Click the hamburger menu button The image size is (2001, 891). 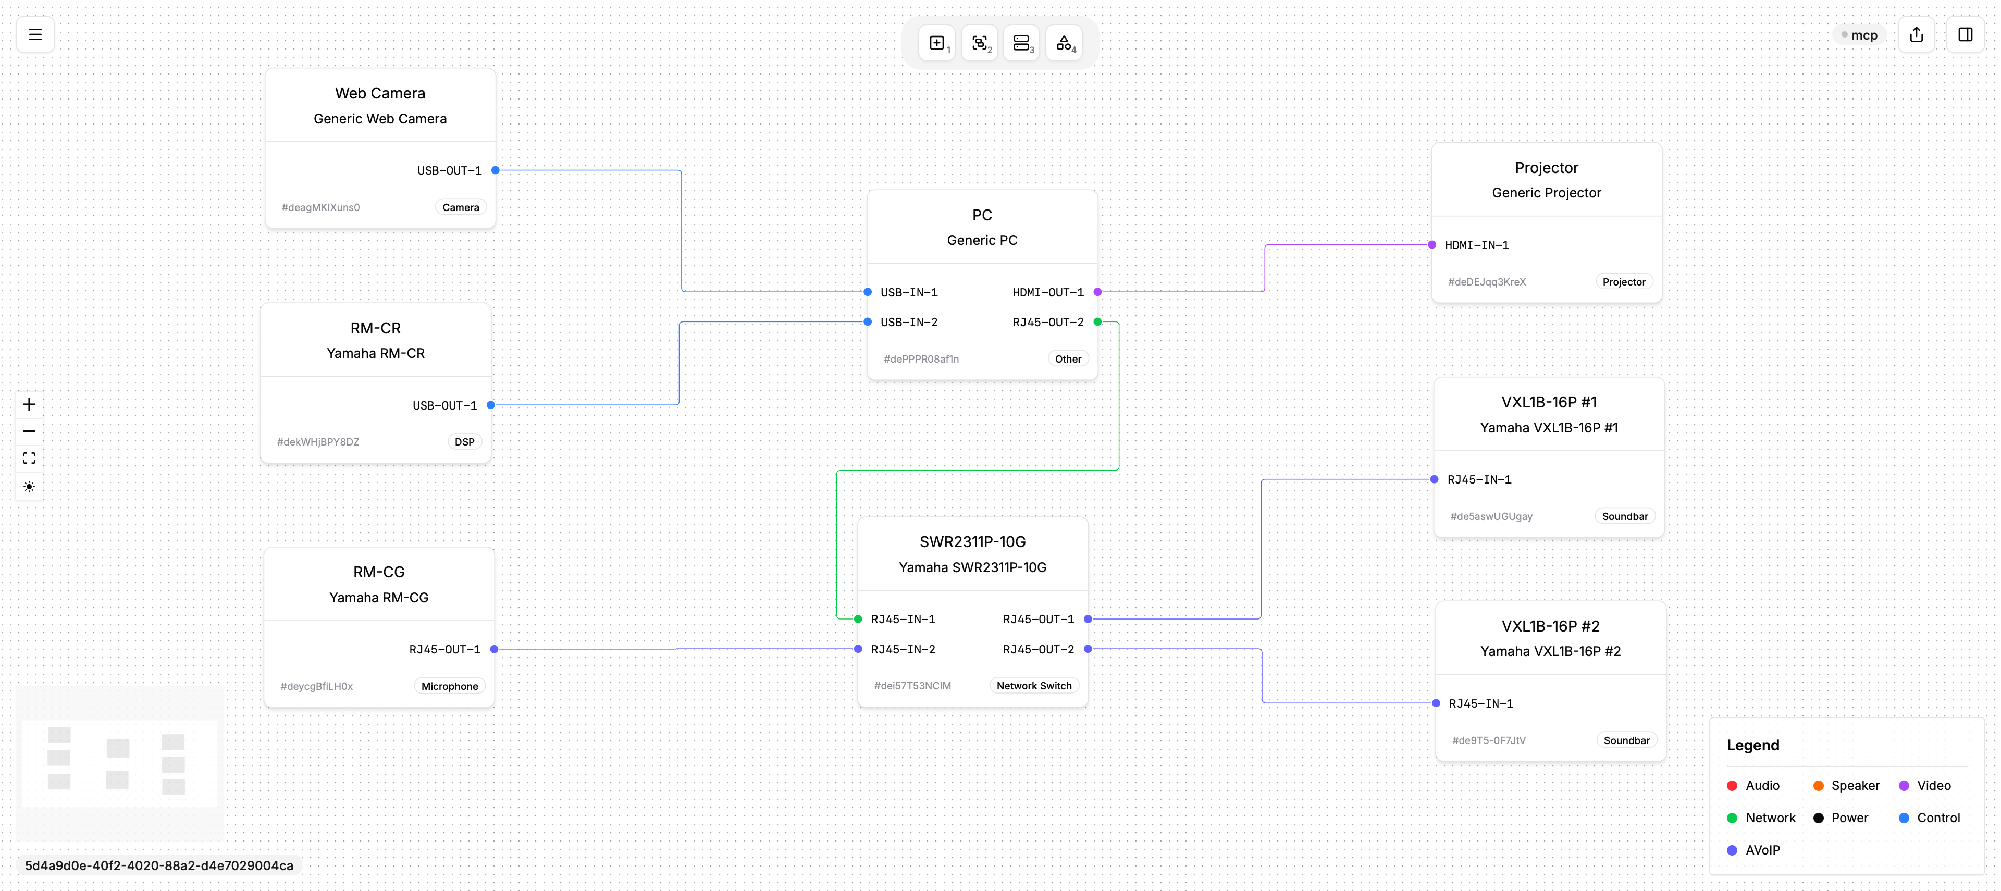coord(35,34)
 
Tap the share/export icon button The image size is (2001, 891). coord(1917,34)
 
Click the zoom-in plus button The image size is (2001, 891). coord(29,404)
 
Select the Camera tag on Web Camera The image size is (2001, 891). coord(461,207)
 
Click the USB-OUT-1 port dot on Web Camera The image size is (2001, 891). coord(496,170)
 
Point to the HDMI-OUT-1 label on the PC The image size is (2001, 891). coord(1048,292)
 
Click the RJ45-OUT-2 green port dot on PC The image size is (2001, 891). coord(1097,321)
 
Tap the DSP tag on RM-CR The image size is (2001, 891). coord(464,442)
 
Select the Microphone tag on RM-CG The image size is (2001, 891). coord(450,686)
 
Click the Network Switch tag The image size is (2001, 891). coord(1034,686)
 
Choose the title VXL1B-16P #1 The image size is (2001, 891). coord(1549,402)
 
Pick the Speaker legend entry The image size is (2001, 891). coord(1846,785)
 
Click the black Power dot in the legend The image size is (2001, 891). coord(1819,818)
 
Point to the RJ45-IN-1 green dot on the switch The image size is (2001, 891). coord(858,619)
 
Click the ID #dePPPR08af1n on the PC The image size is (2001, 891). coord(921,359)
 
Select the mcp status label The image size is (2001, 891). coord(1860,35)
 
